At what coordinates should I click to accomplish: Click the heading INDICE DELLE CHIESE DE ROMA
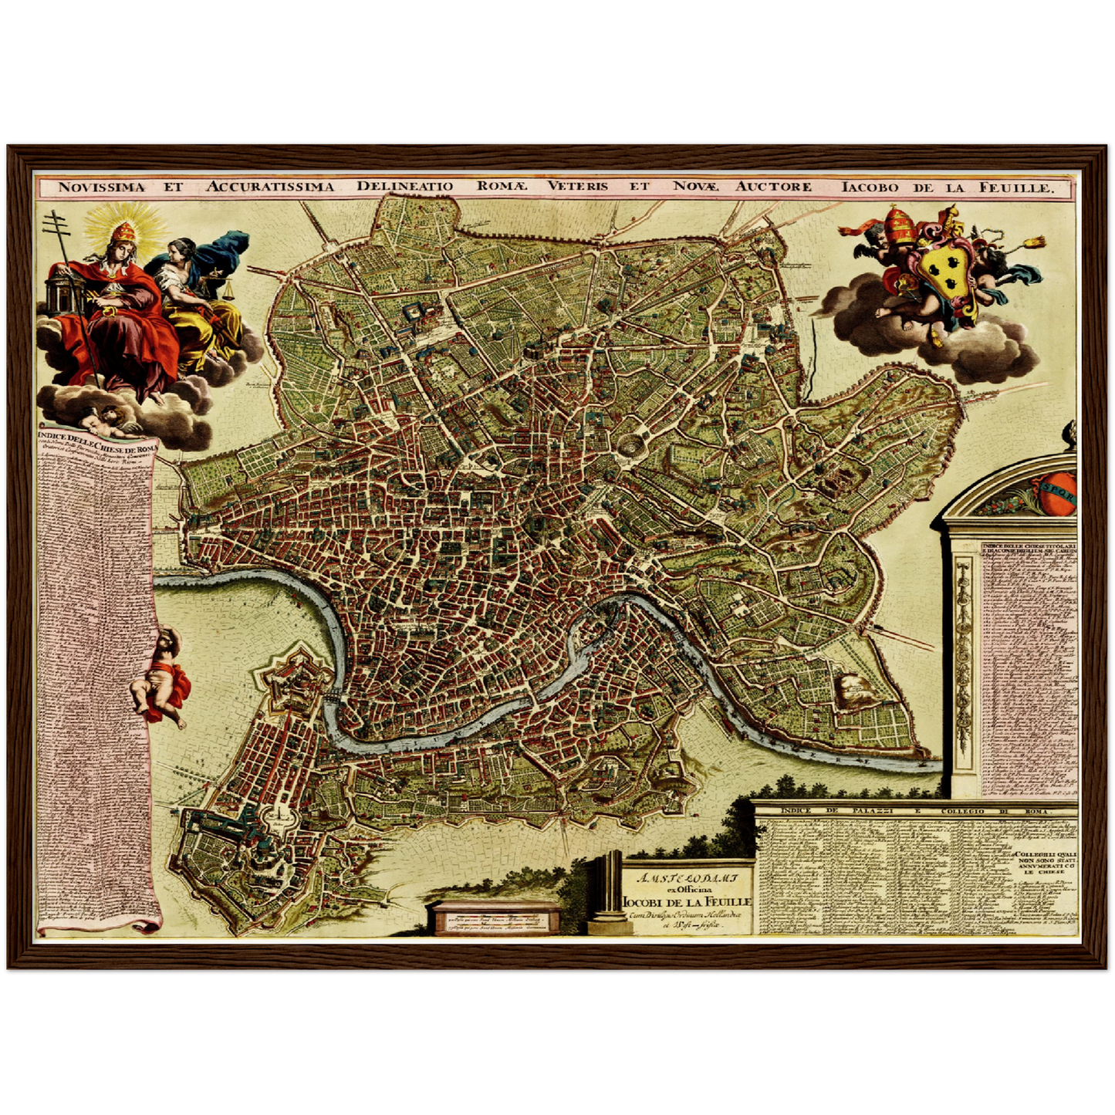click(x=95, y=444)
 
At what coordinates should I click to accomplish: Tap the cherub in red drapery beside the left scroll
click(x=164, y=677)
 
